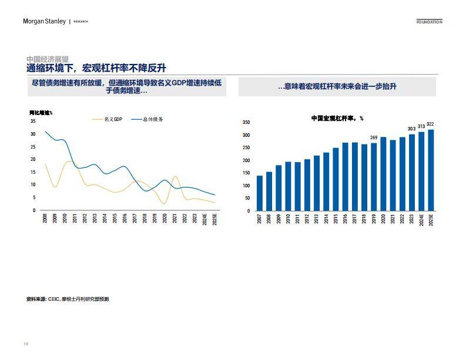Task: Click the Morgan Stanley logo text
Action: coord(45,22)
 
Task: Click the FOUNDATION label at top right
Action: coord(429,22)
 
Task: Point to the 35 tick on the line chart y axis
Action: coord(33,121)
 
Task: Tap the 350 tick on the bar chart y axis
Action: coord(246,123)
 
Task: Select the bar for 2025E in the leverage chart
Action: coord(431,170)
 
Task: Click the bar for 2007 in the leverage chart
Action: coord(260,193)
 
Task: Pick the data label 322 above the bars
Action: coord(431,124)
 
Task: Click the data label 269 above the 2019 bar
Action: coord(374,137)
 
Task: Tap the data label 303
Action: coord(411,129)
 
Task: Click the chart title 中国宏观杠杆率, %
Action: coord(337,118)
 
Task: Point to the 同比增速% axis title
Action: coord(41,112)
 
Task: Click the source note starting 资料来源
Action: coord(68,299)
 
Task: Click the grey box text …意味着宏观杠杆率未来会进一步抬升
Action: coord(337,86)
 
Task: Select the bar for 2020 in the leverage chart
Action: coord(383,174)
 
